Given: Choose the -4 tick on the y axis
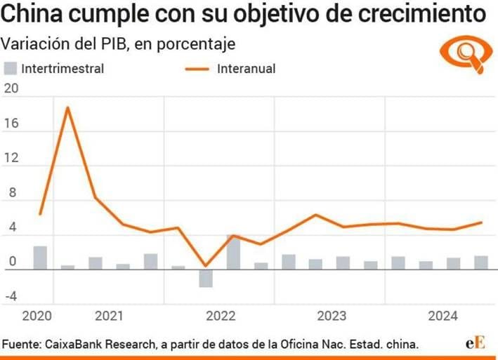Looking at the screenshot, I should [11, 296].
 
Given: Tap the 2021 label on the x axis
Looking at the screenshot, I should [108, 316].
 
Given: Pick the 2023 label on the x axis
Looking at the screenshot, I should [330, 316].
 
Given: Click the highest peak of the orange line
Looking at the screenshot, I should [67, 107].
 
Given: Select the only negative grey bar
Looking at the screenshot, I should [205, 278].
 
